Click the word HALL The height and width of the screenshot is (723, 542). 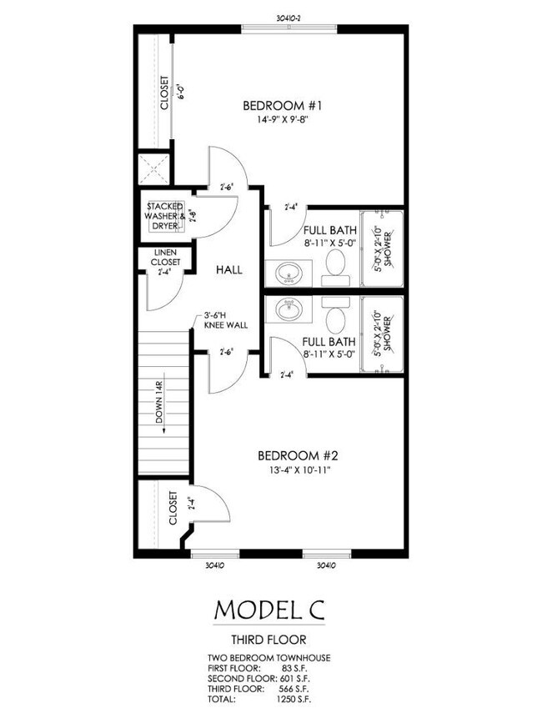click(x=228, y=270)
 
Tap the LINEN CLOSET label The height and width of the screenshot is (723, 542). click(x=165, y=259)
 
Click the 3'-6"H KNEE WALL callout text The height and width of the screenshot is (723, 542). click(x=221, y=320)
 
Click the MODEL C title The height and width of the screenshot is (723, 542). click(x=269, y=609)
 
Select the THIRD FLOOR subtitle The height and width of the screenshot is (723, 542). click(x=269, y=640)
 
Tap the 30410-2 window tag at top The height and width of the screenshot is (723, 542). click(x=289, y=16)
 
